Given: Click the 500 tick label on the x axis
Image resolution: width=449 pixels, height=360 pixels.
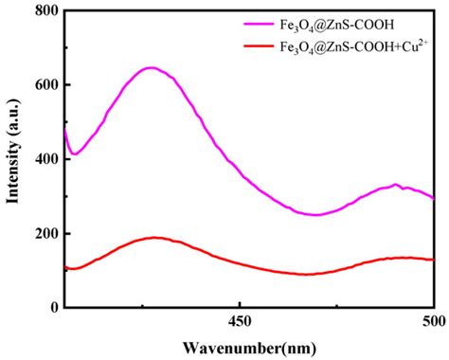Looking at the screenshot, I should point(433,322).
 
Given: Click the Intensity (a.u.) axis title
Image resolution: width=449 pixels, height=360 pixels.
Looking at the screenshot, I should point(13,159).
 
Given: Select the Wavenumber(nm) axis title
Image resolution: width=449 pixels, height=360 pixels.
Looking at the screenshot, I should point(249,348).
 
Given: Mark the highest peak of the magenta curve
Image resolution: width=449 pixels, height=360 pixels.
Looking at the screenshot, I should point(151,67).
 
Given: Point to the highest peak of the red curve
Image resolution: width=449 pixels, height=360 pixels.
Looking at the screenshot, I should point(153,238).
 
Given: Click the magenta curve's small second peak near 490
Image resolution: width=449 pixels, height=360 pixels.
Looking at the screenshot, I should point(396,185).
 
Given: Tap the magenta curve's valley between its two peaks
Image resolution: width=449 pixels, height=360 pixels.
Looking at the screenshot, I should point(317,215).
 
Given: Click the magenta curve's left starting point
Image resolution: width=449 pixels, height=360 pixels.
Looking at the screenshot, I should point(64,131).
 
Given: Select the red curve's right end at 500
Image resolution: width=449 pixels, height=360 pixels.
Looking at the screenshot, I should point(433,259).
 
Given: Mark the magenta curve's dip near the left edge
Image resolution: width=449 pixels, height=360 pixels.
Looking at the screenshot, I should point(74,153).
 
